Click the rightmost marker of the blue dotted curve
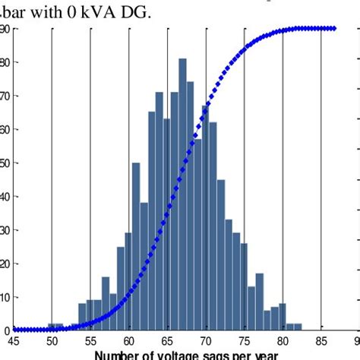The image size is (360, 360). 334,28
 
